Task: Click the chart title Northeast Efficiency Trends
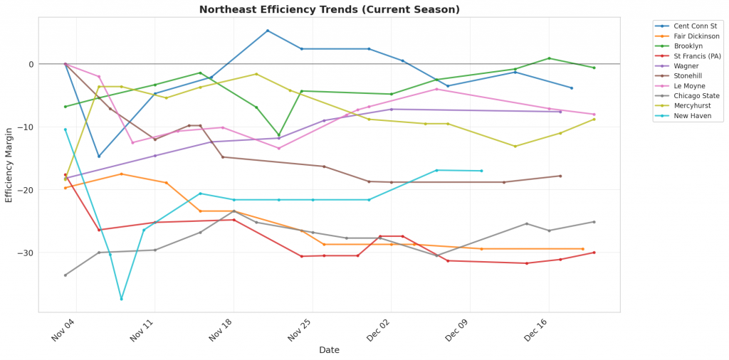tap(329, 9)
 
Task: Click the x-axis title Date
tap(329, 350)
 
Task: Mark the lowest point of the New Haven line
tap(121, 299)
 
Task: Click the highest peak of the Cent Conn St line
tap(267, 31)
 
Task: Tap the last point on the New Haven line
tap(481, 171)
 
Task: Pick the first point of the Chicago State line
tap(65, 275)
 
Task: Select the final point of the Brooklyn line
tap(594, 68)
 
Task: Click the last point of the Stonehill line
tap(560, 176)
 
